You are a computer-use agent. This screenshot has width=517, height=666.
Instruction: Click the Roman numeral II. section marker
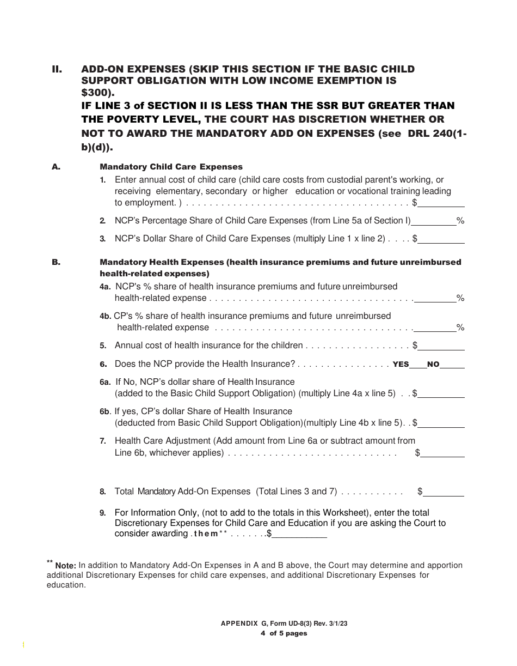[x=57, y=69]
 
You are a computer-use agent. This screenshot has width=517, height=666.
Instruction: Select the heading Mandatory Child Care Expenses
[x=171, y=167]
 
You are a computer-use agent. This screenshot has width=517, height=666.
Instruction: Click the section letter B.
[x=56, y=262]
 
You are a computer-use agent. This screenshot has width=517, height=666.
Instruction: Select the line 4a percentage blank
[x=435, y=299]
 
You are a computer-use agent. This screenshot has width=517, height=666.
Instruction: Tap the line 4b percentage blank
[x=435, y=328]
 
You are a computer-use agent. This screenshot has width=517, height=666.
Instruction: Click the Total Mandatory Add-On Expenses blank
[x=444, y=493]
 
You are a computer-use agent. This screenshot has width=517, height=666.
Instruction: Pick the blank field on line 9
[x=299, y=535]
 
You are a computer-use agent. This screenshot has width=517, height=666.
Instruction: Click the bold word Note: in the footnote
[x=65, y=566]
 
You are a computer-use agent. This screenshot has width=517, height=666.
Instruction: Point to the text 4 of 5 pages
[x=284, y=633]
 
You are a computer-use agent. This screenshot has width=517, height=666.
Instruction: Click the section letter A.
[x=56, y=167]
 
